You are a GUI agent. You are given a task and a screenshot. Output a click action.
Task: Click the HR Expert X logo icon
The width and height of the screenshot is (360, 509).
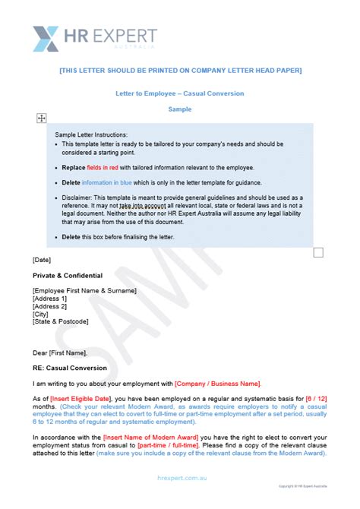46,39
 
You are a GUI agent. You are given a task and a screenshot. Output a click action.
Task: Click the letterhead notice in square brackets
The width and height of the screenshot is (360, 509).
180,71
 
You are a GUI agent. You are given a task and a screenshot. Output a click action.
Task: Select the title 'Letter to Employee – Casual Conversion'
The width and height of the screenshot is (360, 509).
180,94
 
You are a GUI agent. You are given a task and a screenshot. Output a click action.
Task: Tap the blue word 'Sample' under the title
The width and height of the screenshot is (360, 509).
180,109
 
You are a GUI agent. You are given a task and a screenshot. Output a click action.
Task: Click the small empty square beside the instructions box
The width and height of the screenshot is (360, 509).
318,251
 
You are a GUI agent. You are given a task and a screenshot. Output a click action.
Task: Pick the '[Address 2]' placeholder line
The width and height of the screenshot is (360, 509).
50,306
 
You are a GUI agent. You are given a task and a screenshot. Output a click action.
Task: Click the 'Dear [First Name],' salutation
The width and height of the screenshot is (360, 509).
60,353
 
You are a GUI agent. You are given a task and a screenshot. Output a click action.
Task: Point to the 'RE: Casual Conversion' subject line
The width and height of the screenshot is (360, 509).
70,368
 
